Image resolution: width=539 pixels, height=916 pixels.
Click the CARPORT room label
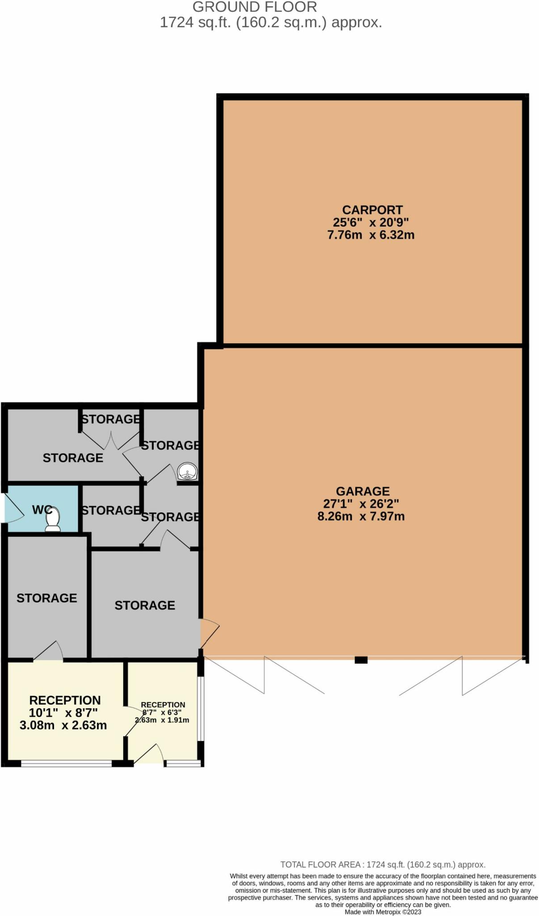point(372,210)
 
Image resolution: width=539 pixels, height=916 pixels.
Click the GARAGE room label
point(362,491)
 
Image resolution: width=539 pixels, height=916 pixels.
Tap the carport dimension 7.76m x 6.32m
point(371,235)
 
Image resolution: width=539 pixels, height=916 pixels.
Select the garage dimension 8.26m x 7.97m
point(361,516)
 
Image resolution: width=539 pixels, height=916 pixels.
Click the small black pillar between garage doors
point(361,660)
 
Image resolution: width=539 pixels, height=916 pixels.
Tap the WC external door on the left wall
point(13,508)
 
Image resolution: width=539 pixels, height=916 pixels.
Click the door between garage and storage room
point(209,633)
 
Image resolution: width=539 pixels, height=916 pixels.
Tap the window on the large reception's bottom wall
point(66,763)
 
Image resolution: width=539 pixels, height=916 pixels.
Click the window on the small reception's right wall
point(201,708)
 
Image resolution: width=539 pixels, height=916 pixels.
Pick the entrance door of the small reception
point(149,754)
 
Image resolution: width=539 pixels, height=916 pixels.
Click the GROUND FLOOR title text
point(254,7)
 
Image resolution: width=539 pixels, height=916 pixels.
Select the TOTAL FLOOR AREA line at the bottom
point(383,865)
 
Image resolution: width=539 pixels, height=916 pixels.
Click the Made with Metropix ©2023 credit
point(383,912)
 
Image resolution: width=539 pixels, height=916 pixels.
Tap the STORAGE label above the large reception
point(46,598)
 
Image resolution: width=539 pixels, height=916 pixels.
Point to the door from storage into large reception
point(48,651)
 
